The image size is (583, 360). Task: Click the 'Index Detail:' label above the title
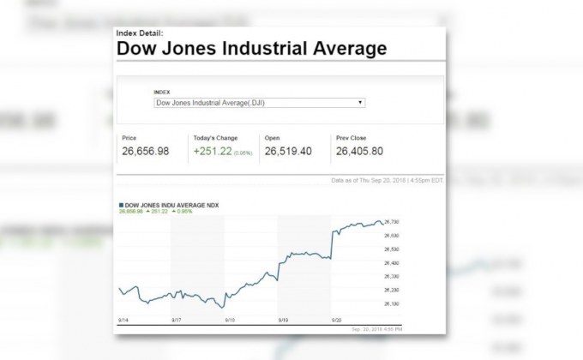point(140,33)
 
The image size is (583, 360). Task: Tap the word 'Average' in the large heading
point(340,48)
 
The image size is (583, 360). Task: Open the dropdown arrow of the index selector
point(361,103)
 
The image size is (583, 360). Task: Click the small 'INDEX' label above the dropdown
point(162,92)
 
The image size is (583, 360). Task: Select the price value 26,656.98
point(146,152)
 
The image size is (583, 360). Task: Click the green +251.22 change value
point(213,152)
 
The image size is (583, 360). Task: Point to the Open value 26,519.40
point(288,152)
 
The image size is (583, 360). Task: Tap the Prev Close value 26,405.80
point(359,152)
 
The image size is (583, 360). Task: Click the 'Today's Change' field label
point(215,138)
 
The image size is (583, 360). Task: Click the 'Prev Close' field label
point(352,138)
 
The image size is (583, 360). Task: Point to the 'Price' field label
point(129,138)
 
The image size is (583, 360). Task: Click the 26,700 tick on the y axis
point(392,222)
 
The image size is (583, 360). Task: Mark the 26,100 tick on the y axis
point(392,303)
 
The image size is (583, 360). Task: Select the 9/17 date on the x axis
point(176,318)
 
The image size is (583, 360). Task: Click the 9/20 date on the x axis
point(336,318)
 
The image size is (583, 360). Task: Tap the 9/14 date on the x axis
point(123,318)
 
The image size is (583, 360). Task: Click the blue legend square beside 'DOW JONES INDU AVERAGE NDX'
point(122,206)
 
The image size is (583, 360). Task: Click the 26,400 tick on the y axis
point(392,262)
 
